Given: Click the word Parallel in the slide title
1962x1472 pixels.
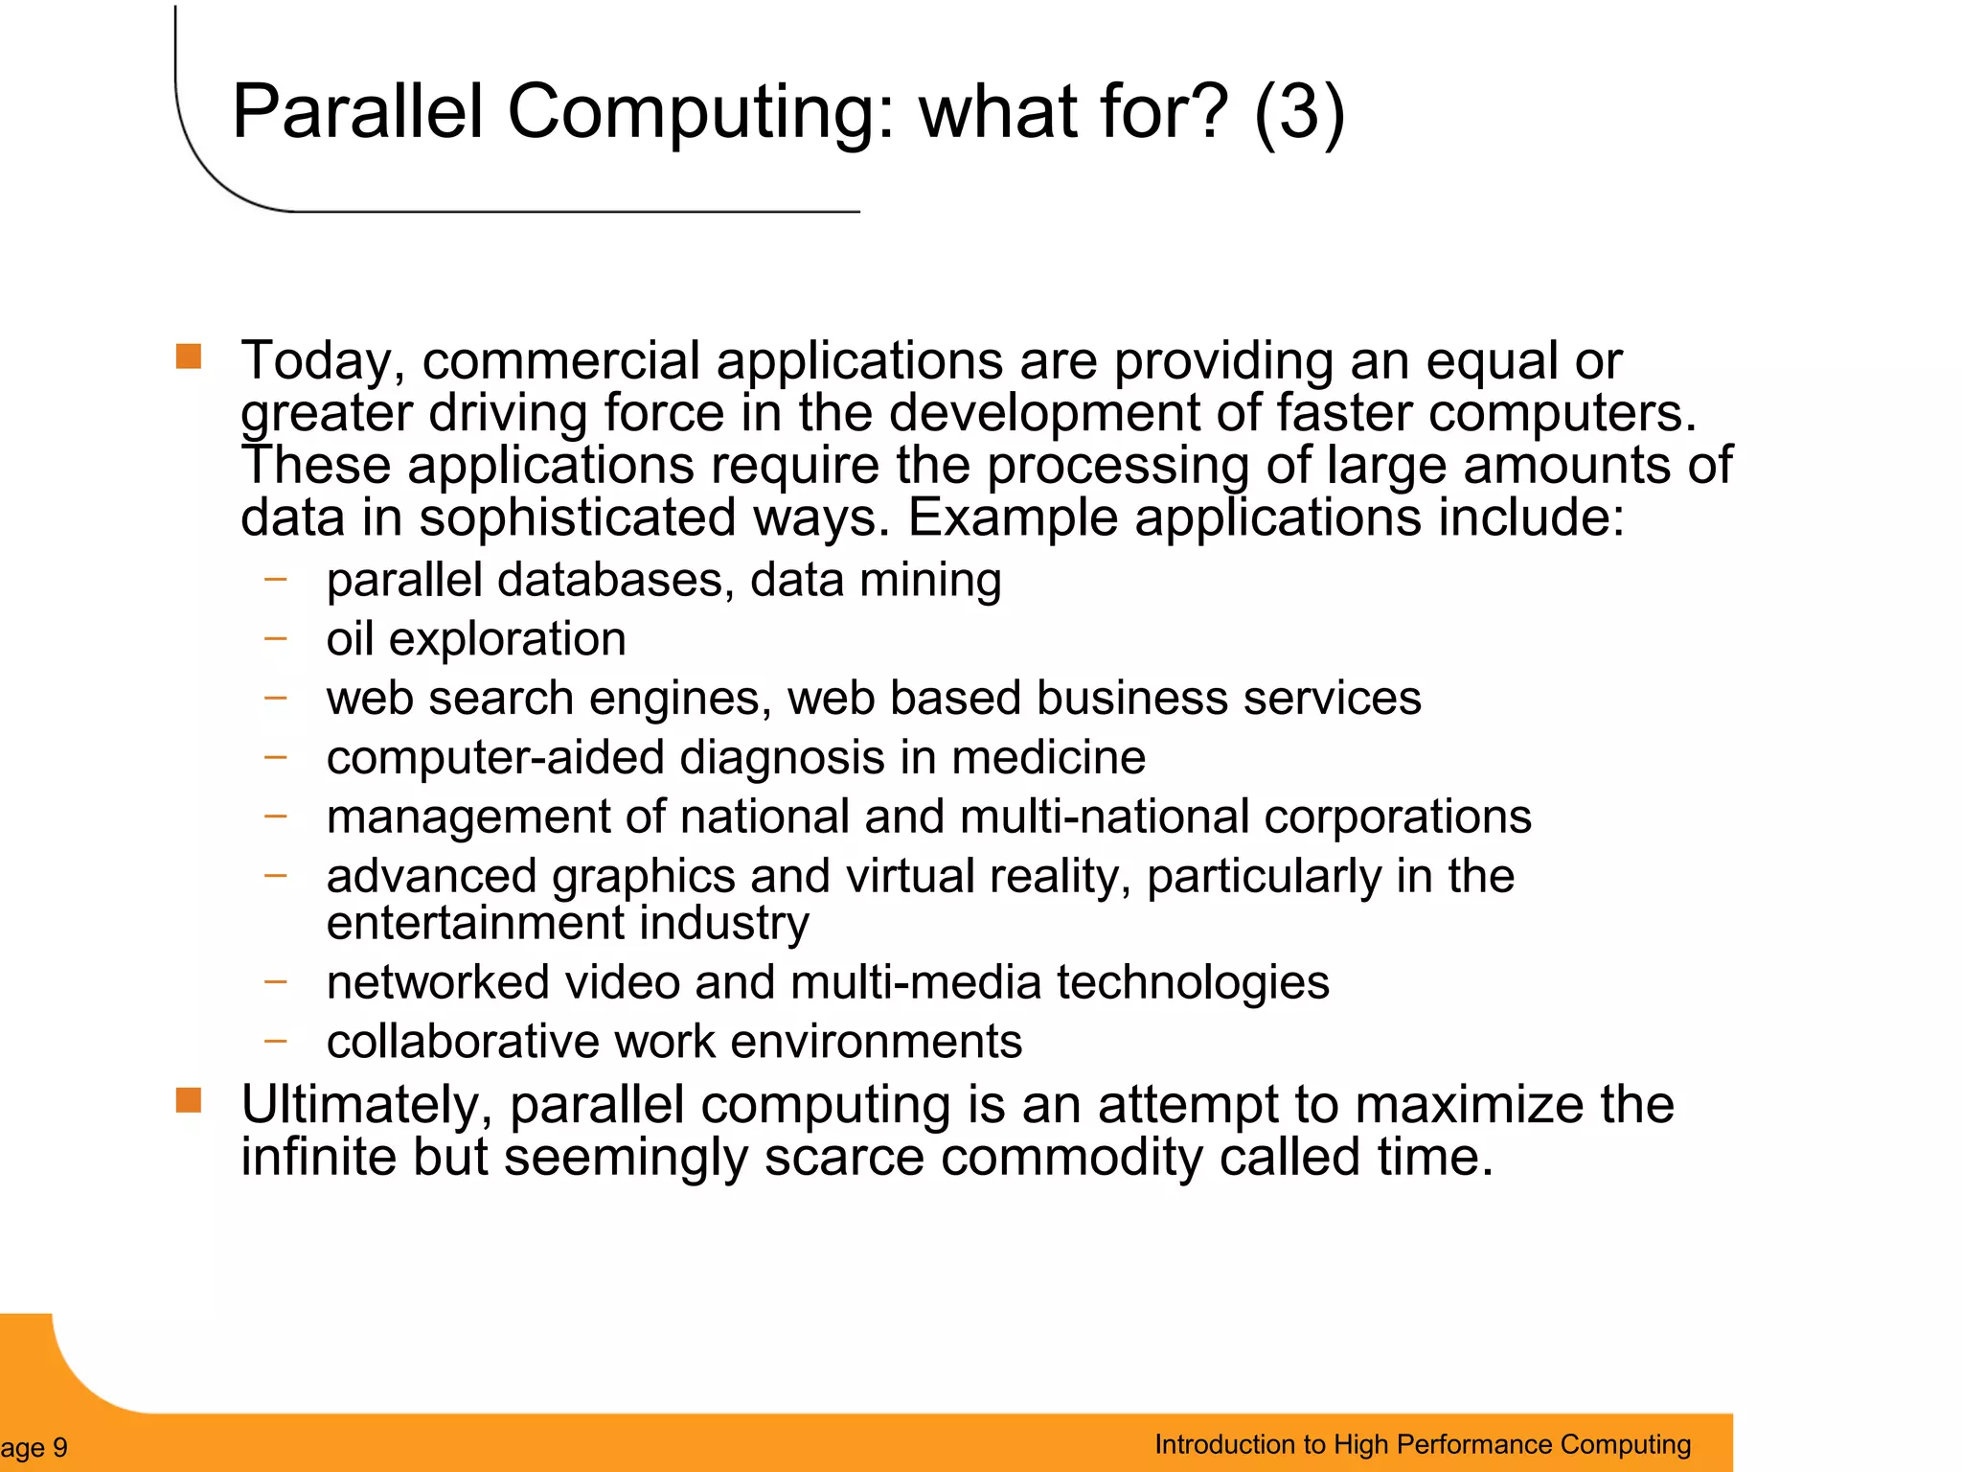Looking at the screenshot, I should coord(357,112).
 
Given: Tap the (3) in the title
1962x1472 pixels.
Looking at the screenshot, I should coord(1298,112).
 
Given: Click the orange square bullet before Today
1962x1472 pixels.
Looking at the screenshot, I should coord(189,357).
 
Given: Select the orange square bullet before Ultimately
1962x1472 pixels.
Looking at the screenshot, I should coord(189,1101).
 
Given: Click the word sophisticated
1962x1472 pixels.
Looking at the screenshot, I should coord(577,519).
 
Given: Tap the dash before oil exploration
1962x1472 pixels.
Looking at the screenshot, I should coord(276,637).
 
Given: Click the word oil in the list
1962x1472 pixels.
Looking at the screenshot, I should coord(350,639).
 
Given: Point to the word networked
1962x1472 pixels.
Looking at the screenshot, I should coord(438,983).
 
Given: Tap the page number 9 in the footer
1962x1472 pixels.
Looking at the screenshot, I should coord(59,1447).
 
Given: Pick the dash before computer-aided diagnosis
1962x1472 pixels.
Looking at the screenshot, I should coord(276,756).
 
